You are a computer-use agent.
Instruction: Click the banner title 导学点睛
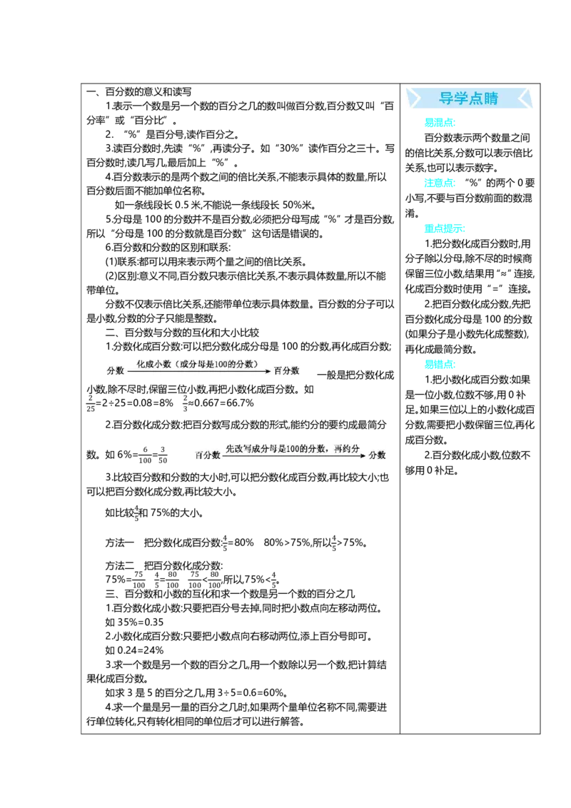pos(468,98)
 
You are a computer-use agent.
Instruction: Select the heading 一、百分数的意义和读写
pos(139,92)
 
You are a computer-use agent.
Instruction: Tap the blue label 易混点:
pos(440,123)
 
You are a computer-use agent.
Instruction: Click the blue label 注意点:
pos(440,183)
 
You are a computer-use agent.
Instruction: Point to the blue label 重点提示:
pos(444,228)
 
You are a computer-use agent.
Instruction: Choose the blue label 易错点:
pos(440,364)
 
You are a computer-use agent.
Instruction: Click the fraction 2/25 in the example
pos(91,403)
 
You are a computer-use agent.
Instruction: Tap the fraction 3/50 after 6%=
pos(162,455)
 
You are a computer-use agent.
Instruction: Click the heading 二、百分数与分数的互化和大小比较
pos(183,333)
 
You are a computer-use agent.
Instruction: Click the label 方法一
pos(120,542)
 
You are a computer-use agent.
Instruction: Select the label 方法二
pos(120,566)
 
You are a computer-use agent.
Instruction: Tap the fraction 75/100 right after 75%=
pos(138,580)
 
